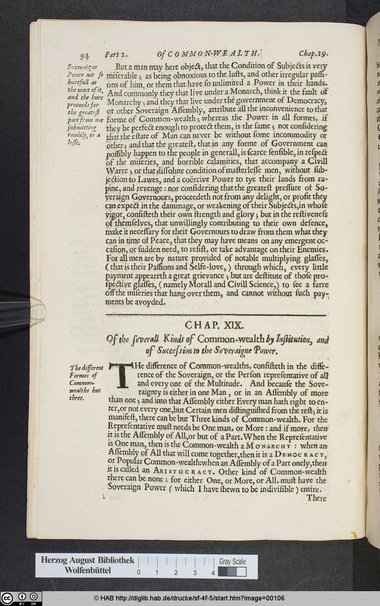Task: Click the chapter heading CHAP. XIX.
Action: [x=215, y=325]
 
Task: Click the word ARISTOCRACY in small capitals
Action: [x=184, y=472]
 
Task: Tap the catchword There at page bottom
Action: [x=316, y=498]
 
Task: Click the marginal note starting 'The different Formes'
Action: [x=86, y=383]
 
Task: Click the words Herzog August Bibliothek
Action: [x=88, y=560]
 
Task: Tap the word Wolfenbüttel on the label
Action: [x=88, y=570]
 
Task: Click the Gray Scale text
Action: [x=232, y=561]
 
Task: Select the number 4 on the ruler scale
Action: [x=213, y=572]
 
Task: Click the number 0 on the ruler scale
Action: [x=138, y=572]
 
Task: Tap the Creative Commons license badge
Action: [x=21, y=598]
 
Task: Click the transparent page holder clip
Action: [x=22, y=310]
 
